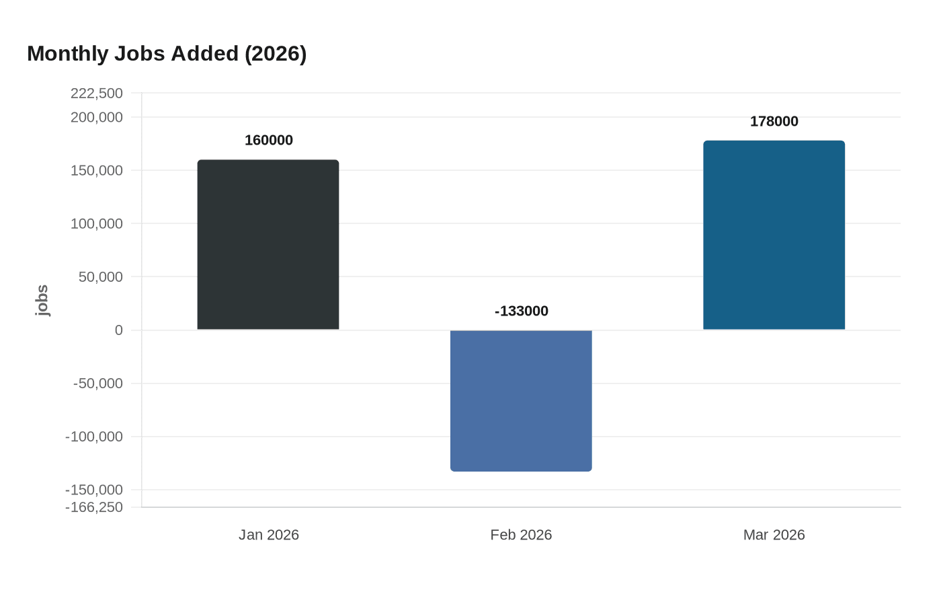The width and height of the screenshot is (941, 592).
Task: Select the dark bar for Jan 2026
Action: [x=268, y=245]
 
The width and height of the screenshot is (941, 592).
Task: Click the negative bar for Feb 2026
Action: [x=521, y=400]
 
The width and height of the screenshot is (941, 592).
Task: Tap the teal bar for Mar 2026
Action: [x=774, y=235]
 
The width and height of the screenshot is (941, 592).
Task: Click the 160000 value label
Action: [x=269, y=140]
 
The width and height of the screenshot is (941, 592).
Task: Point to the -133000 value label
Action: [x=522, y=311]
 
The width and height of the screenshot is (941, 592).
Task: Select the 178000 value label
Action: [x=774, y=121]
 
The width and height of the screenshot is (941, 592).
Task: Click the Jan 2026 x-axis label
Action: [x=269, y=535]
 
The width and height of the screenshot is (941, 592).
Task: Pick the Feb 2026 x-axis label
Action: [x=521, y=535]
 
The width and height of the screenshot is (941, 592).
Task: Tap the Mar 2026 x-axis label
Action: [x=774, y=535]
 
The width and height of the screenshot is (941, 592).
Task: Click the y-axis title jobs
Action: [x=42, y=300]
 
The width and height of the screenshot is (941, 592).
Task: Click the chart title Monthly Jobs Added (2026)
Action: [x=167, y=53]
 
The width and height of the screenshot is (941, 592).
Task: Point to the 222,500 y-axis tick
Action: [x=97, y=93]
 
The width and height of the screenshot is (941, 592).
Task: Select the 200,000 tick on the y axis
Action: [x=97, y=117]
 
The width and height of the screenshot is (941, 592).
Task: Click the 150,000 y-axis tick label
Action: [x=97, y=170]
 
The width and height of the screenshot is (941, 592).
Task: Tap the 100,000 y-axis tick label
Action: [x=97, y=223]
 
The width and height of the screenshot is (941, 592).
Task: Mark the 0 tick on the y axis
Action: [x=119, y=330]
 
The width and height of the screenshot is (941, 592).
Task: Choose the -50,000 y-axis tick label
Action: [x=98, y=383]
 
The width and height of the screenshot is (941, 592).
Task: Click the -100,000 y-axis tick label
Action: [x=94, y=437]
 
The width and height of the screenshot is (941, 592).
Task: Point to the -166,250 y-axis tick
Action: [x=94, y=507]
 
